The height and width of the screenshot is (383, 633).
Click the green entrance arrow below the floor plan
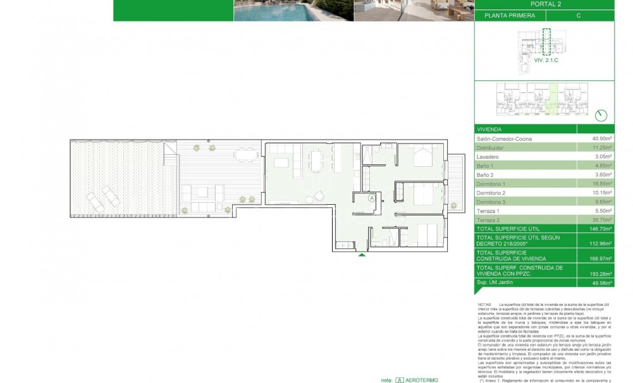(362, 255)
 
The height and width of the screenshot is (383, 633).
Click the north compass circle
(601, 115)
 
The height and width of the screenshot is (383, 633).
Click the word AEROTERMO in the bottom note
(424, 380)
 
